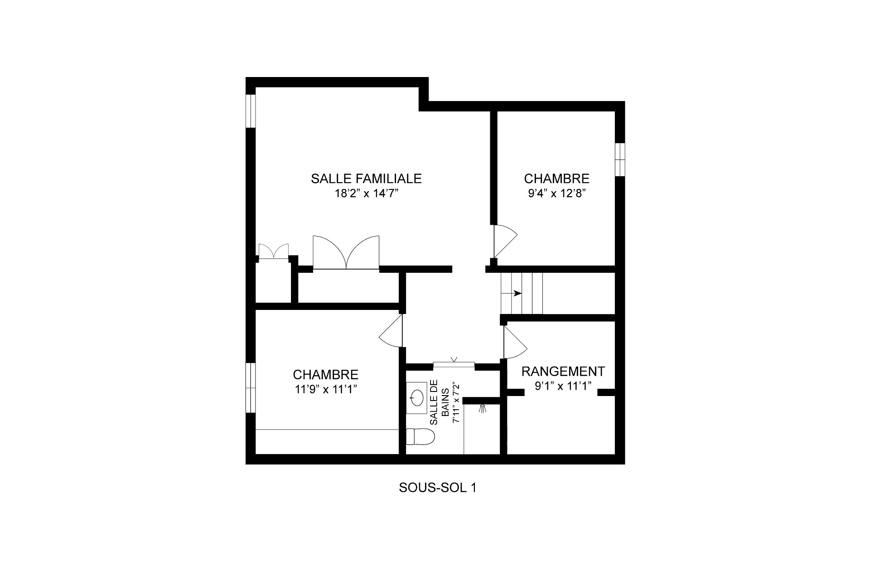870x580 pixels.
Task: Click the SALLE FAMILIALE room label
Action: [x=366, y=179]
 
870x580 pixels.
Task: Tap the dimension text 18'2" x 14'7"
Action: [x=366, y=194]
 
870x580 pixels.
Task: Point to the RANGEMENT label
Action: [x=563, y=372]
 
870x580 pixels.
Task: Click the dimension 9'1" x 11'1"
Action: [x=563, y=387]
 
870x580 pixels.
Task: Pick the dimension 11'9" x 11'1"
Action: [x=325, y=389]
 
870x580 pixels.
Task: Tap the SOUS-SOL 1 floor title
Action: [x=437, y=488]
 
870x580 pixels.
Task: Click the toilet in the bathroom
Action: [x=420, y=437]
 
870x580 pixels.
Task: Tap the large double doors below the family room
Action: [x=346, y=252]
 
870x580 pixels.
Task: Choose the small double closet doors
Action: [x=273, y=251]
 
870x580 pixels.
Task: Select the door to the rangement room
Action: [x=515, y=343]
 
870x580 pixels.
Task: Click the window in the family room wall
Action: [x=251, y=111]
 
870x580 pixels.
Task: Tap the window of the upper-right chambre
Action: [x=620, y=159]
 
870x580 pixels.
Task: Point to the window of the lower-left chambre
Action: [x=251, y=387]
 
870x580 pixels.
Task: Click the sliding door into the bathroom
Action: [x=454, y=363]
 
